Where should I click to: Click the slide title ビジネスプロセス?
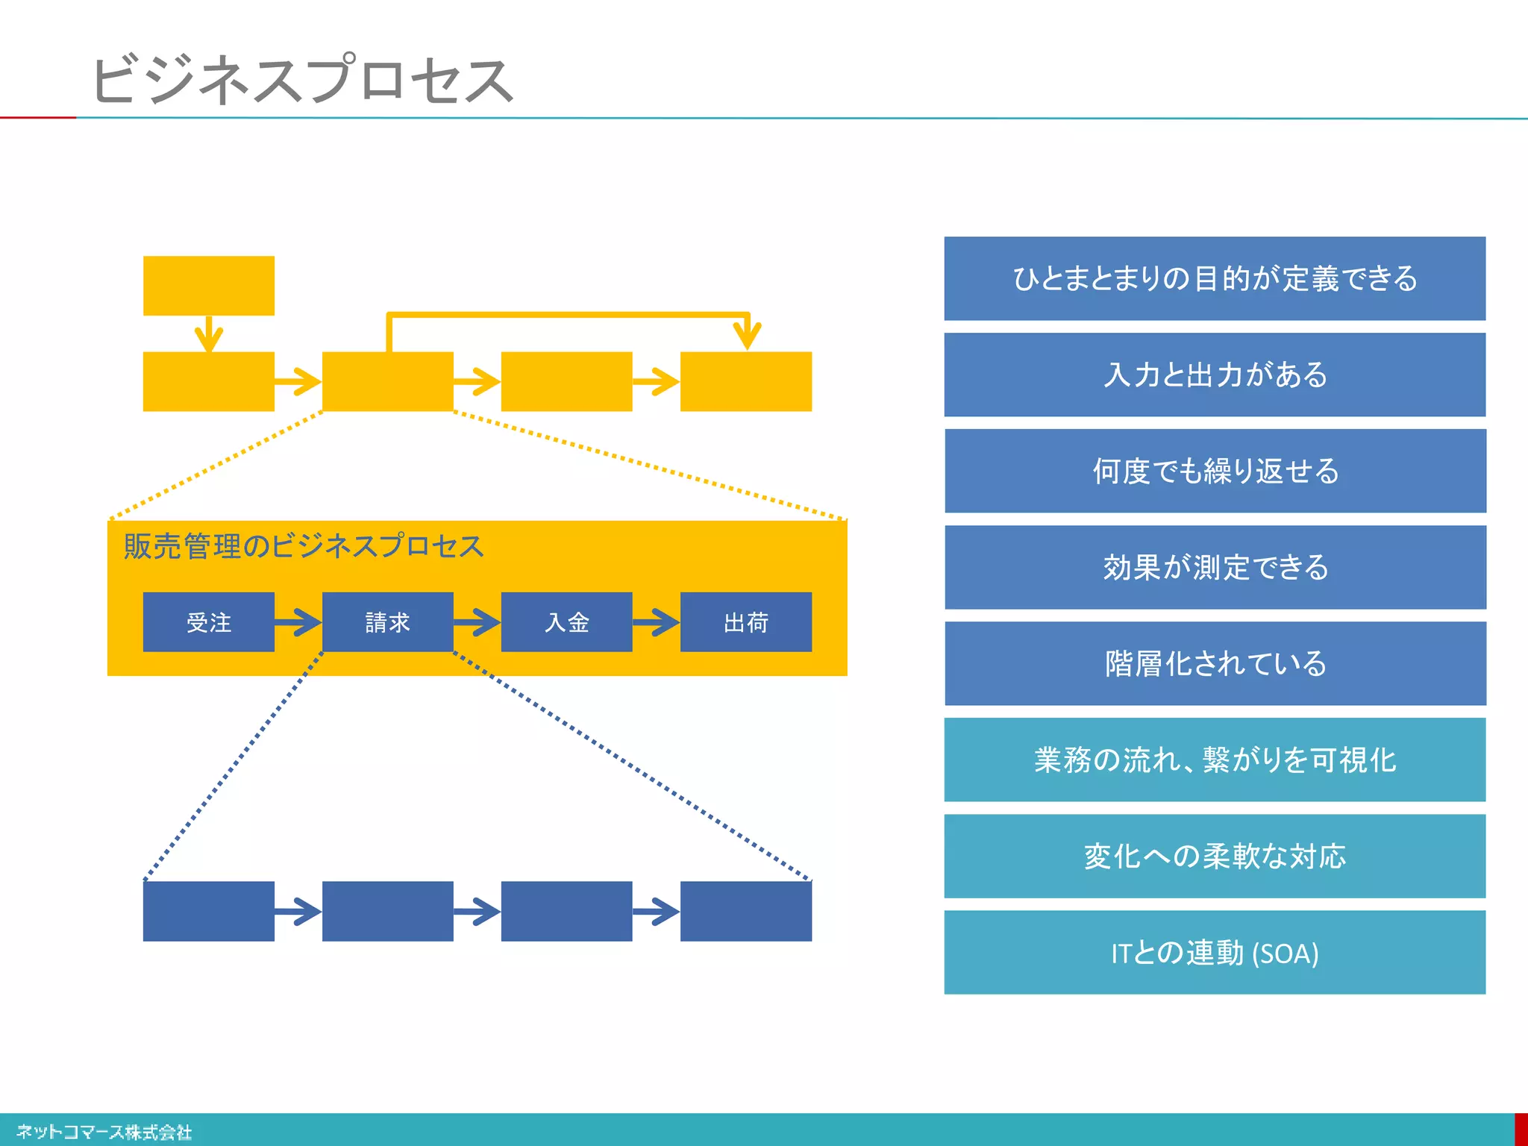(302, 79)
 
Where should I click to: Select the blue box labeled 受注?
(209, 622)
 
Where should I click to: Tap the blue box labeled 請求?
(387, 622)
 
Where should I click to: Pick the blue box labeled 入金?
(566, 622)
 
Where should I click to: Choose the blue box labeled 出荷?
(745, 622)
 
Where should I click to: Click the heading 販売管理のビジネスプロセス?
(304, 546)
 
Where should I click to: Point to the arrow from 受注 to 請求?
(298, 622)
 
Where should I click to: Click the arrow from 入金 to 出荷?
(657, 622)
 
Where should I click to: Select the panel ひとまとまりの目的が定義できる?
(1215, 278)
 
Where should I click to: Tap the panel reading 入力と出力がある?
(1215, 375)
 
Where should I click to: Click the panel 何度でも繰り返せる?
(1215, 471)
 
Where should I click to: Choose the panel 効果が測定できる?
(1215, 567)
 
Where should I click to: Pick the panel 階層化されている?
(1215, 663)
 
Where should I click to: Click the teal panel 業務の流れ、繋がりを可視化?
(1215, 760)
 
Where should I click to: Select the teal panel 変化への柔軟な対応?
(1215, 856)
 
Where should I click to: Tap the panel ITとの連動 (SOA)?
(1215, 952)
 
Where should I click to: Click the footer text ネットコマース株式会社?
(104, 1132)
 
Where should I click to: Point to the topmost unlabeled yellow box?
(209, 286)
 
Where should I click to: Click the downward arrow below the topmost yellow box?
(209, 334)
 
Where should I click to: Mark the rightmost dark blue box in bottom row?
(745, 911)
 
